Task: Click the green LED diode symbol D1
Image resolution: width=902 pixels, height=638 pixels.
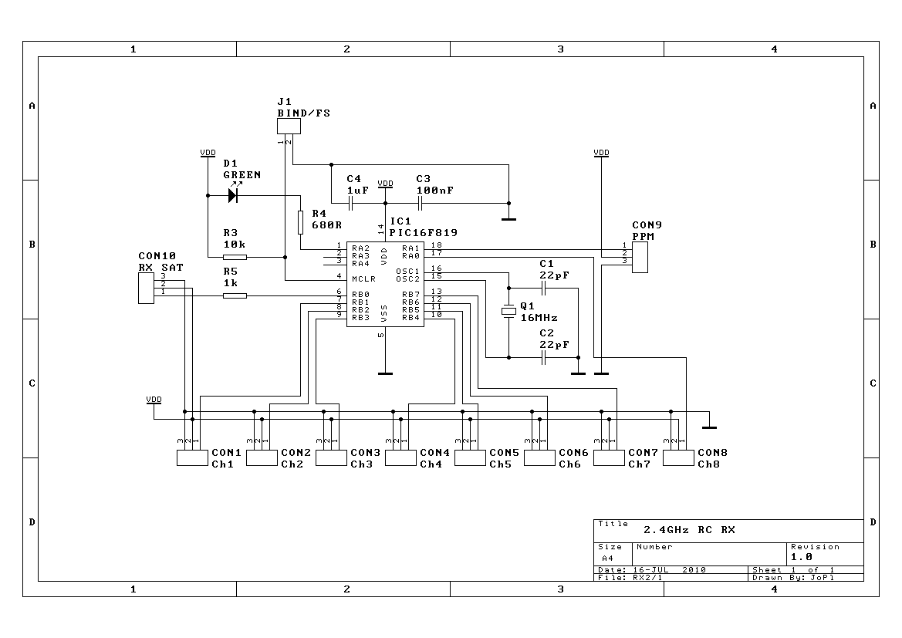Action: [233, 196]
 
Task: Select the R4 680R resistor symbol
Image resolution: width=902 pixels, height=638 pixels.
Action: [300, 223]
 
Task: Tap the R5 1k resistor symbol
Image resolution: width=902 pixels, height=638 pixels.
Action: [235, 295]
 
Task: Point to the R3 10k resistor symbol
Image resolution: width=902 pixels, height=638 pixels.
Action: [235, 257]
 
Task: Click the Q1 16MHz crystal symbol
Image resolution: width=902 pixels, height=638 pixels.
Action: [508, 311]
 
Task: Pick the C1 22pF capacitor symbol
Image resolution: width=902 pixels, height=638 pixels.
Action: [543, 289]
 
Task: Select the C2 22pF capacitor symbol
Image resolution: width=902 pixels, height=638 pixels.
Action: [543, 358]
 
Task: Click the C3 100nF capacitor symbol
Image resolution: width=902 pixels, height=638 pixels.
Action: [420, 203]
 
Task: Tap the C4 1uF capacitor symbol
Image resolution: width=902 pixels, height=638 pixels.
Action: [350, 203]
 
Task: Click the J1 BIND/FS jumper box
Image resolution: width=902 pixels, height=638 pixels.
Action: [289, 126]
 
